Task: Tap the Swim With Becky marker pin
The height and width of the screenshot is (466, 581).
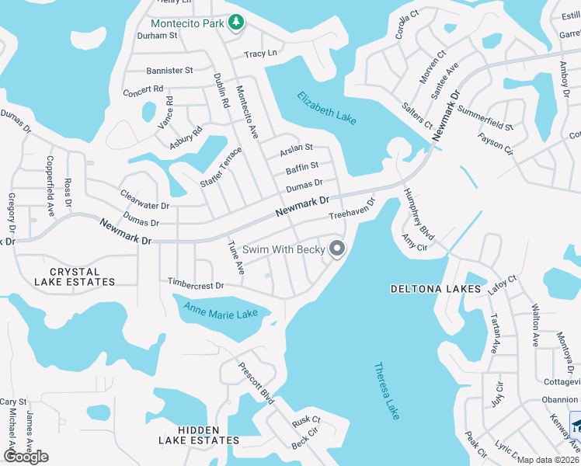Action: coord(337,249)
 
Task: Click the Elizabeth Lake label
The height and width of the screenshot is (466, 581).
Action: coord(327,108)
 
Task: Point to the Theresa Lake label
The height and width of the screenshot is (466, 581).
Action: coord(387,391)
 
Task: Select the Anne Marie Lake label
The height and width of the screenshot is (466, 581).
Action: coord(221,312)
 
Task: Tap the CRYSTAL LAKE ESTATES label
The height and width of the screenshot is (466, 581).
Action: coord(75,276)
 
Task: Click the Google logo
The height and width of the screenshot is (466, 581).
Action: coord(26,457)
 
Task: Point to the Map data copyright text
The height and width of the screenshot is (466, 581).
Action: coord(548,460)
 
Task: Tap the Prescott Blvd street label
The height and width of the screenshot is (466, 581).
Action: coord(256,384)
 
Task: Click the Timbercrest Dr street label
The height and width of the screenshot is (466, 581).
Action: coord(196,285)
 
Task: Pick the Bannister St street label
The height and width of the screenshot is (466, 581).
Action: coord(169,70)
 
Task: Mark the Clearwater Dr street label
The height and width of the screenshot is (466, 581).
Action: coord(144,200)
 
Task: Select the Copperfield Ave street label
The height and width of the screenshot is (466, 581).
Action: coord(50,186)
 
